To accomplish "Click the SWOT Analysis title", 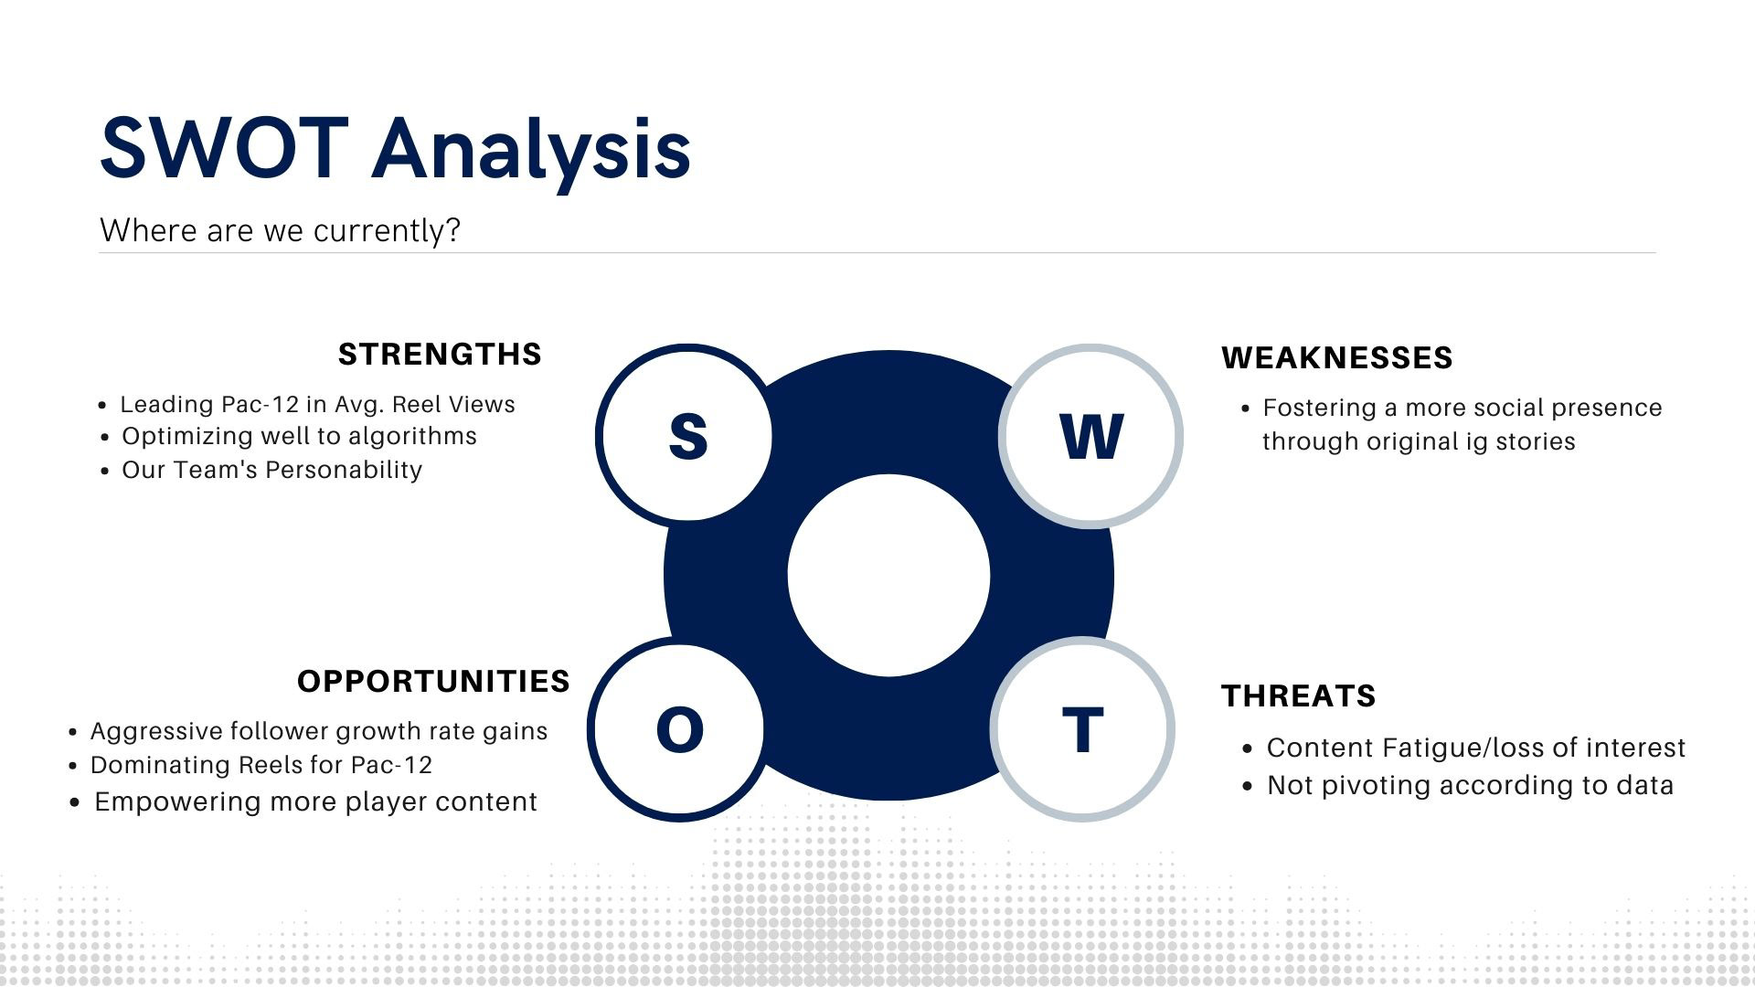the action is [x=395, y=150].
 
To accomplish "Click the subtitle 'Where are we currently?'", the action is [x=280, y=230].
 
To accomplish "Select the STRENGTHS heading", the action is [x=440, y=355].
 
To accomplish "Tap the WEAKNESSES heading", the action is [x=1336, y=357].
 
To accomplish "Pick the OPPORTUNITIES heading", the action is [x=433, y=682].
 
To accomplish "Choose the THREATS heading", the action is [x=1298, y=696].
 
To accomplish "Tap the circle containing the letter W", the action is [x=1090, y=436].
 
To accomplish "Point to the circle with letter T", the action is [x=1082, y=728].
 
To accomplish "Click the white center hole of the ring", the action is [x=888, y=576].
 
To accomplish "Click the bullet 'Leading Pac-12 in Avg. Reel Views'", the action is [x=317, y=405].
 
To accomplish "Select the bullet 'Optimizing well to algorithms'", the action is [x=299, y=436].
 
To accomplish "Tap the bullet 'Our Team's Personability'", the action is [x=271, y=470].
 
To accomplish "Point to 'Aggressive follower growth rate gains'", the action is [x=319, y=731].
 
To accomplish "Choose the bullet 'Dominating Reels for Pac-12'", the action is [x=261, y=765].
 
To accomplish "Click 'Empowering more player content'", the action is [x=315, y=801].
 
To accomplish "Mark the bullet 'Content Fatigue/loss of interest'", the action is [x=1476, y=748].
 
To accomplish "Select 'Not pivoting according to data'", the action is [x=1470, y=785].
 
